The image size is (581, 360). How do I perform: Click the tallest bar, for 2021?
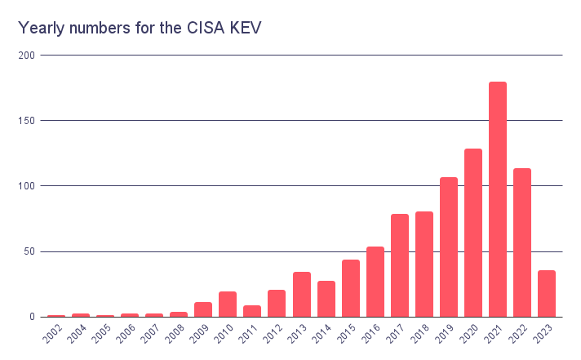[498, 199]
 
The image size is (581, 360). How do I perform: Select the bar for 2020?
[473, 233]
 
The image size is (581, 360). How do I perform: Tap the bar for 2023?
[547, 294]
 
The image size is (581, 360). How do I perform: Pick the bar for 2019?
[449, 247]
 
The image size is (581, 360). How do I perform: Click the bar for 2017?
[400, 265]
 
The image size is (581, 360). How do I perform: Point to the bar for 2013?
[302, 295]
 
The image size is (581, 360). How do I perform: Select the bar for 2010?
[228, 304]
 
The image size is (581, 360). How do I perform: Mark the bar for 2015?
[351, 288]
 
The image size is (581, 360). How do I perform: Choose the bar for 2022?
[522, 242]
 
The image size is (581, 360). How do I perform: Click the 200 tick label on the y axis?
[26, 56]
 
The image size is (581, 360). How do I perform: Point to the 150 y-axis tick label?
[26, 121]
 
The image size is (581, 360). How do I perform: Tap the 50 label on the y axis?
[29, 251]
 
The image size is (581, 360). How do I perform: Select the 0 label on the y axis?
[33, 317]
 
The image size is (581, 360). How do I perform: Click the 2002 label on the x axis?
[52, 334]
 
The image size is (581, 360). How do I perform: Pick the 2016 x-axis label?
[371, 334]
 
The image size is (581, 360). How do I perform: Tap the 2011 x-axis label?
[248, 334]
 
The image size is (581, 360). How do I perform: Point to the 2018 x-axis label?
[419, 334]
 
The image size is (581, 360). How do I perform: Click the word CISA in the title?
[206, 28]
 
